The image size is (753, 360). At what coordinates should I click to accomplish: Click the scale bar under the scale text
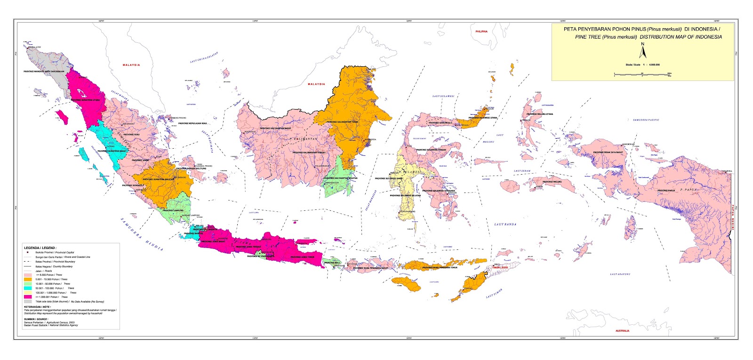pyautogui.click(x=642, y=74)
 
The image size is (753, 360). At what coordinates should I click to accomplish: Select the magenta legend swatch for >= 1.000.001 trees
pyautogui.click(x=28, y=297)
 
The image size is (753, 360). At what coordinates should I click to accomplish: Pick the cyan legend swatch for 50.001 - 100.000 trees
pyautogui.click(x=28, y=288)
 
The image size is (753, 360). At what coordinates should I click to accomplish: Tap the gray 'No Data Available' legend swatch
pyautogui.click(x=28, y=301)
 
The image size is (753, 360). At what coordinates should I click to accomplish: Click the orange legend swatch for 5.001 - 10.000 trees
pyautogui.click(x=28, y=279)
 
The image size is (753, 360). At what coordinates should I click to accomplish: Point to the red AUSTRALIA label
pyautogui.click(x=622, y=331)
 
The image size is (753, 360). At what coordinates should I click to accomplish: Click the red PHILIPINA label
pyautogui.click(x=481, y=32)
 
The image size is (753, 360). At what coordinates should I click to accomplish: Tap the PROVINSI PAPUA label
pyautogui.click(x=666, y=191)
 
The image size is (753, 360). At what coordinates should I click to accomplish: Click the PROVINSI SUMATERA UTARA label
pyautogui.click(x=85, y=100)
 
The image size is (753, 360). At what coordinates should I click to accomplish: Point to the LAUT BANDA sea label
pyautogui.click(x=505, y=224)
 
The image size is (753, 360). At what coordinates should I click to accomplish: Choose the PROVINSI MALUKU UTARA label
pyautogui.click(x=540, y=114)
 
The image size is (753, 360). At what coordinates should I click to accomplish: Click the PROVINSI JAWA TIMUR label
pyautogui.click(x=302, y=257)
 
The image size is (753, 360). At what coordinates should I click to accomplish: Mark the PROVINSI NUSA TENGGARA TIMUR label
pyautogui.click(x=440, y=268)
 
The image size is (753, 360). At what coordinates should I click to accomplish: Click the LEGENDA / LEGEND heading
pyautogui.click(x=40, y=247)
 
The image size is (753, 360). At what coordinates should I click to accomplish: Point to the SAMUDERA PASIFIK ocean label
pyautogui.click(x=646, y=120)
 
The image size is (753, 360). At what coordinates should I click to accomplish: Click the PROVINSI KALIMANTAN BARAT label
pyautogui.click(x=275, y=128)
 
